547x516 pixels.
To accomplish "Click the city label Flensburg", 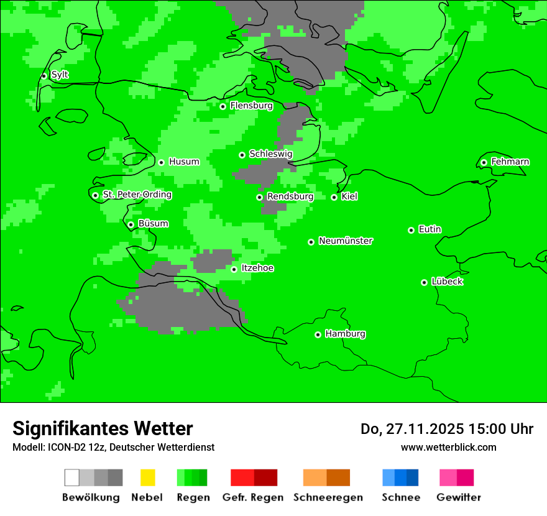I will [x=251, y=106].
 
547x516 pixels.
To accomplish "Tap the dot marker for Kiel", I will [x=334, y=197].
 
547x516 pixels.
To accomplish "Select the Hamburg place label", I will [x=345, y=334].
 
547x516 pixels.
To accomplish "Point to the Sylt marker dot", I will [x=44, y=76].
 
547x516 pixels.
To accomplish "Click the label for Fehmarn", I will [x=510, y=162].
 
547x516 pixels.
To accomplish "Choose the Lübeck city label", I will [x=447, y=282].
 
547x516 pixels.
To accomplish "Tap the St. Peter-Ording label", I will [x=137, y=195].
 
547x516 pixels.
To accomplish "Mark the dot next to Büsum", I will [x=131, y=224].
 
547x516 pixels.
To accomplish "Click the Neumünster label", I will [x=346, y=241].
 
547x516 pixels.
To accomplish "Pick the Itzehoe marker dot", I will [x=234, y=269].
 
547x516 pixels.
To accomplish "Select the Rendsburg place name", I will [x=290, y=196].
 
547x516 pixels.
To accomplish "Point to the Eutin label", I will [x=430, y=229].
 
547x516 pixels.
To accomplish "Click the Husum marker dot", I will [x=161, y=162].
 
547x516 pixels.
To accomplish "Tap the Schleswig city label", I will [x=270, y=154].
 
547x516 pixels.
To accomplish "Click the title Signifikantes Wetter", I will [x=103, y=428].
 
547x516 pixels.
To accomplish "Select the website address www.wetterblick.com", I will [x=448, y=447].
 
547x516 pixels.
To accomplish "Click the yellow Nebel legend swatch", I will [x=147, y=477].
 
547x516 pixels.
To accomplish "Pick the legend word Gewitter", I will [x=458, y=497].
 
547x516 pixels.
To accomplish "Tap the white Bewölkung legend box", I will [x=72, y=477].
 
